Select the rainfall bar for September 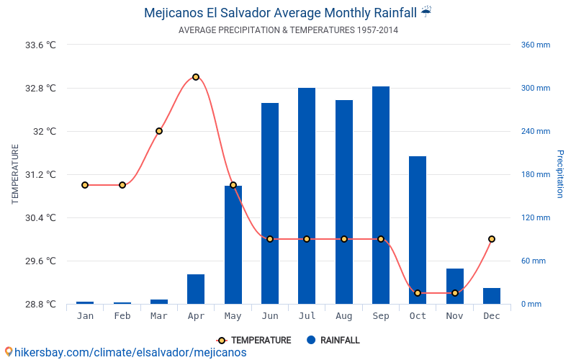click(x=381, y=195)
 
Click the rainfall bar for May click(x=233, y=245)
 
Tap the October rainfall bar click(x=418, y=230)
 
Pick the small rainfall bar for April click(x=196, y=289)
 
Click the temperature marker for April click(x=196, y=77)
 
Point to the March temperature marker click(x=159, y=131)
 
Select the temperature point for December click(x=492, y=239)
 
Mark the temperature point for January click(x=85, y=185)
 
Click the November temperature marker click(x=455, y=293)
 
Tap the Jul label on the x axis click(x=307, y=316)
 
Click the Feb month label click(x=122, y=316)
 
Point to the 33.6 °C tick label click(x=40, y=45)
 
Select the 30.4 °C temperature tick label click(x=40, y=217)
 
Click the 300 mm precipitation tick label click(x=535, y=89)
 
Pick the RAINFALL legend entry click(x=333, y=341)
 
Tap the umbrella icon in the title click(x=426, y=12)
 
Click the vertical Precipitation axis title click(x=560, y=174)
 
